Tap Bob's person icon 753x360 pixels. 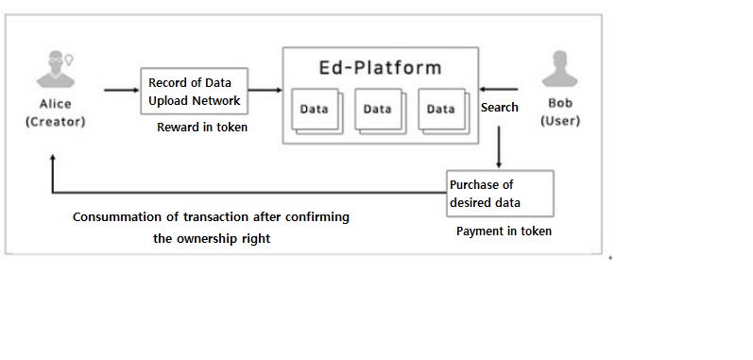click(x=559, y=71)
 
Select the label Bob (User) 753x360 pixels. click(x=559, y=112)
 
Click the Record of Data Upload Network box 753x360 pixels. click(x=194, y=91)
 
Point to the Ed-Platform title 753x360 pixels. click(x=379, y=69)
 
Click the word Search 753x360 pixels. click(x=499, y=108)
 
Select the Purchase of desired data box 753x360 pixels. click(x=500, y=194)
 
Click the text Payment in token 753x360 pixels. click(x=504, y=231)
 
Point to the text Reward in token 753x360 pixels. click(x=202, y=127)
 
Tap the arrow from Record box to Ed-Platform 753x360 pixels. click(x=265, y=91)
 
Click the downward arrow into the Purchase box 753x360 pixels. click(x=498, y=146)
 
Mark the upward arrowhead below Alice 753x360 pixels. click(x=53, y=161)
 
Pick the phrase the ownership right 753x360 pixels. click(x=212, y=239)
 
